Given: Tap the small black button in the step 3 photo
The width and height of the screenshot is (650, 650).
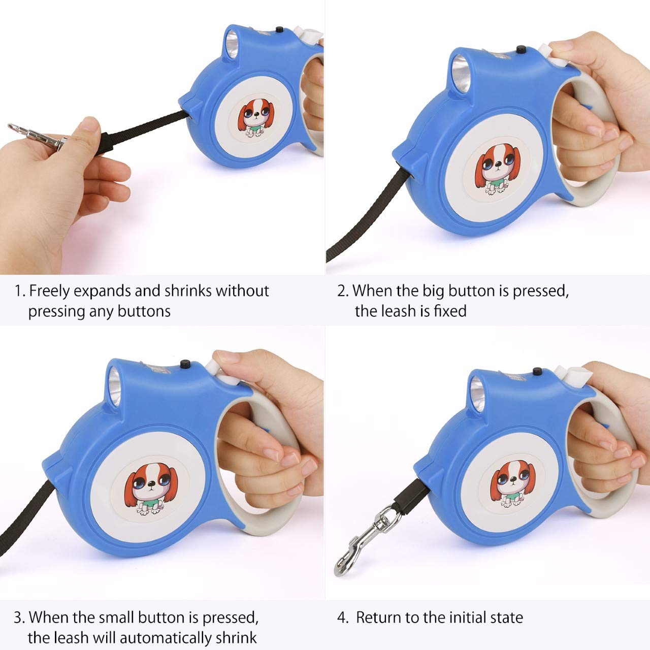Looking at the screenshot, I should click(185, 364).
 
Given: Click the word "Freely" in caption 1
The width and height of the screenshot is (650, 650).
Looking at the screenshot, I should click(50, 291).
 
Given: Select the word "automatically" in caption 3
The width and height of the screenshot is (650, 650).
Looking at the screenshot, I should click(168, 637).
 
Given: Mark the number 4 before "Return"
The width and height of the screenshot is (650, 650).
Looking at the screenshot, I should click(342, 618).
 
